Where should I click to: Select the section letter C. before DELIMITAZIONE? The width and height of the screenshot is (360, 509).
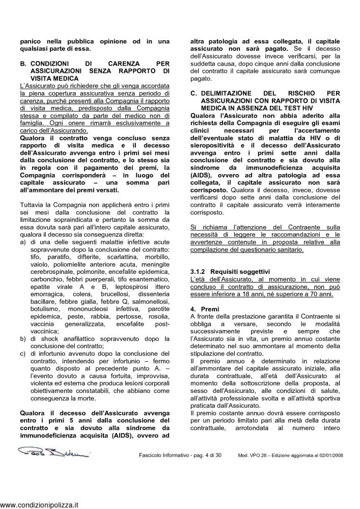(193, 94)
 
